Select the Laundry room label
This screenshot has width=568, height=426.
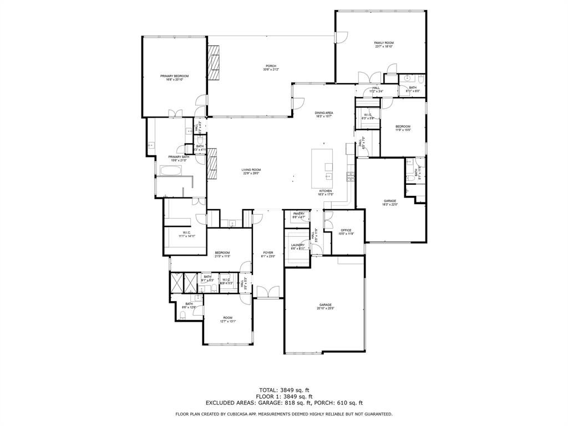click(298, 247)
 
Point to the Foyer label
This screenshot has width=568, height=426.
click(268, 254)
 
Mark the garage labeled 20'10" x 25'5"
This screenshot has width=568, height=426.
click(325, 306)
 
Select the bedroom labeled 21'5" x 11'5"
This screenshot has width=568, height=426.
click(222, 254)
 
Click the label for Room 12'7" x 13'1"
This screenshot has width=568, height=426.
click(228, 319)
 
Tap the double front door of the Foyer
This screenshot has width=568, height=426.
click(268, 292)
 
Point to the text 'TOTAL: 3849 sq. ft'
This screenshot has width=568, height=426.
click(283, 390)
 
